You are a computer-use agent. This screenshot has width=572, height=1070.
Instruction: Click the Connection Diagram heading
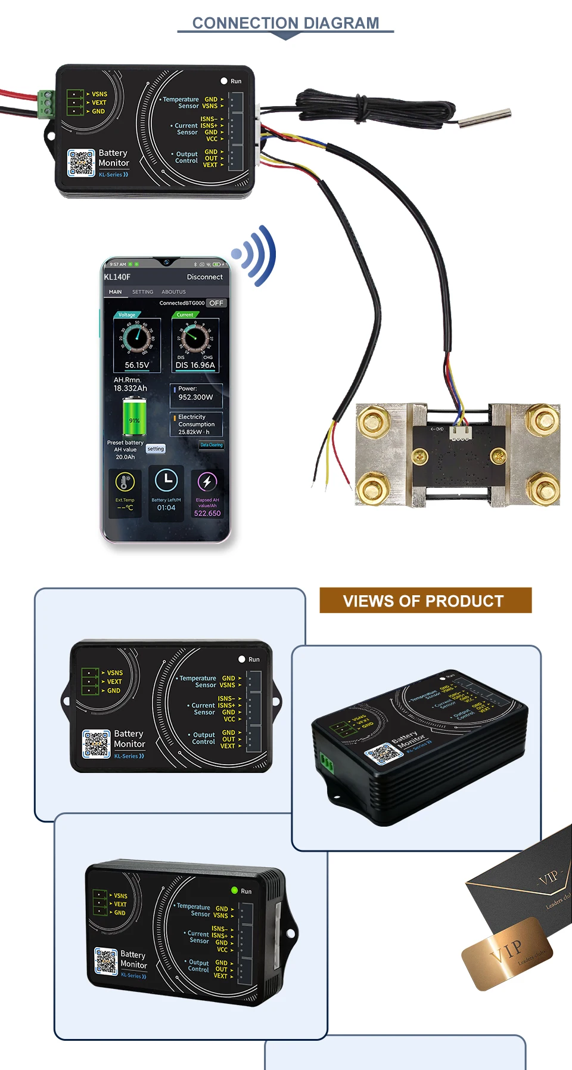pyautogui.click(x=285, y=23)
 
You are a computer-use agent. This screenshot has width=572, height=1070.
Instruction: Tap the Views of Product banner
pyautogui.click(x=425, y=601)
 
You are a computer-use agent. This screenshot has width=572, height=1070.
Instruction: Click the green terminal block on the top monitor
pyautogui.click(x=45, y=103)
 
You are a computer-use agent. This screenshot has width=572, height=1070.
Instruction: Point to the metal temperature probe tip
pyautogui.click(x=485, y=117)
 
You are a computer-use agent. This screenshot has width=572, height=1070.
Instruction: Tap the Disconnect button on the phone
pyautogui.click(x=204, y=277)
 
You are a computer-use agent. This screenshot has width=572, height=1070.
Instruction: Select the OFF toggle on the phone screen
pyautogui.click(x=216, y=303)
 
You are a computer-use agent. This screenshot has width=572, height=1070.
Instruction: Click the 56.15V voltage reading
pyautogui.click(x=137, y=365)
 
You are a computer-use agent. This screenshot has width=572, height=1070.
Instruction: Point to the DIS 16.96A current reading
pyautogui.click(x=195, y=365)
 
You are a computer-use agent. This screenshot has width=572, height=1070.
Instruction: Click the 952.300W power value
pyautogui.click(x=195, y=397)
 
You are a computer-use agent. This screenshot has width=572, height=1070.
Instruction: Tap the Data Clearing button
pyautogui.click(x=212, y=445)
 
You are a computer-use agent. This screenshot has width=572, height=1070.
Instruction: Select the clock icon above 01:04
pyautogui.click(x=166, y=480)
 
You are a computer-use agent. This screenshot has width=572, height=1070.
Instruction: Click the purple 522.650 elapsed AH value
pyautogui.click(x=207, y=514)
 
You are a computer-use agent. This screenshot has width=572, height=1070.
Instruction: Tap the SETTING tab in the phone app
pyautogui.click(x=142, y=292)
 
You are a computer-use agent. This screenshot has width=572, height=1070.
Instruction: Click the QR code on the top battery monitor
pyautogui.click(x=82, y=163)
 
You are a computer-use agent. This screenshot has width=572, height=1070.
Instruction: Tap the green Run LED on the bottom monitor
pyautogui.click(x=235, y=890)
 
